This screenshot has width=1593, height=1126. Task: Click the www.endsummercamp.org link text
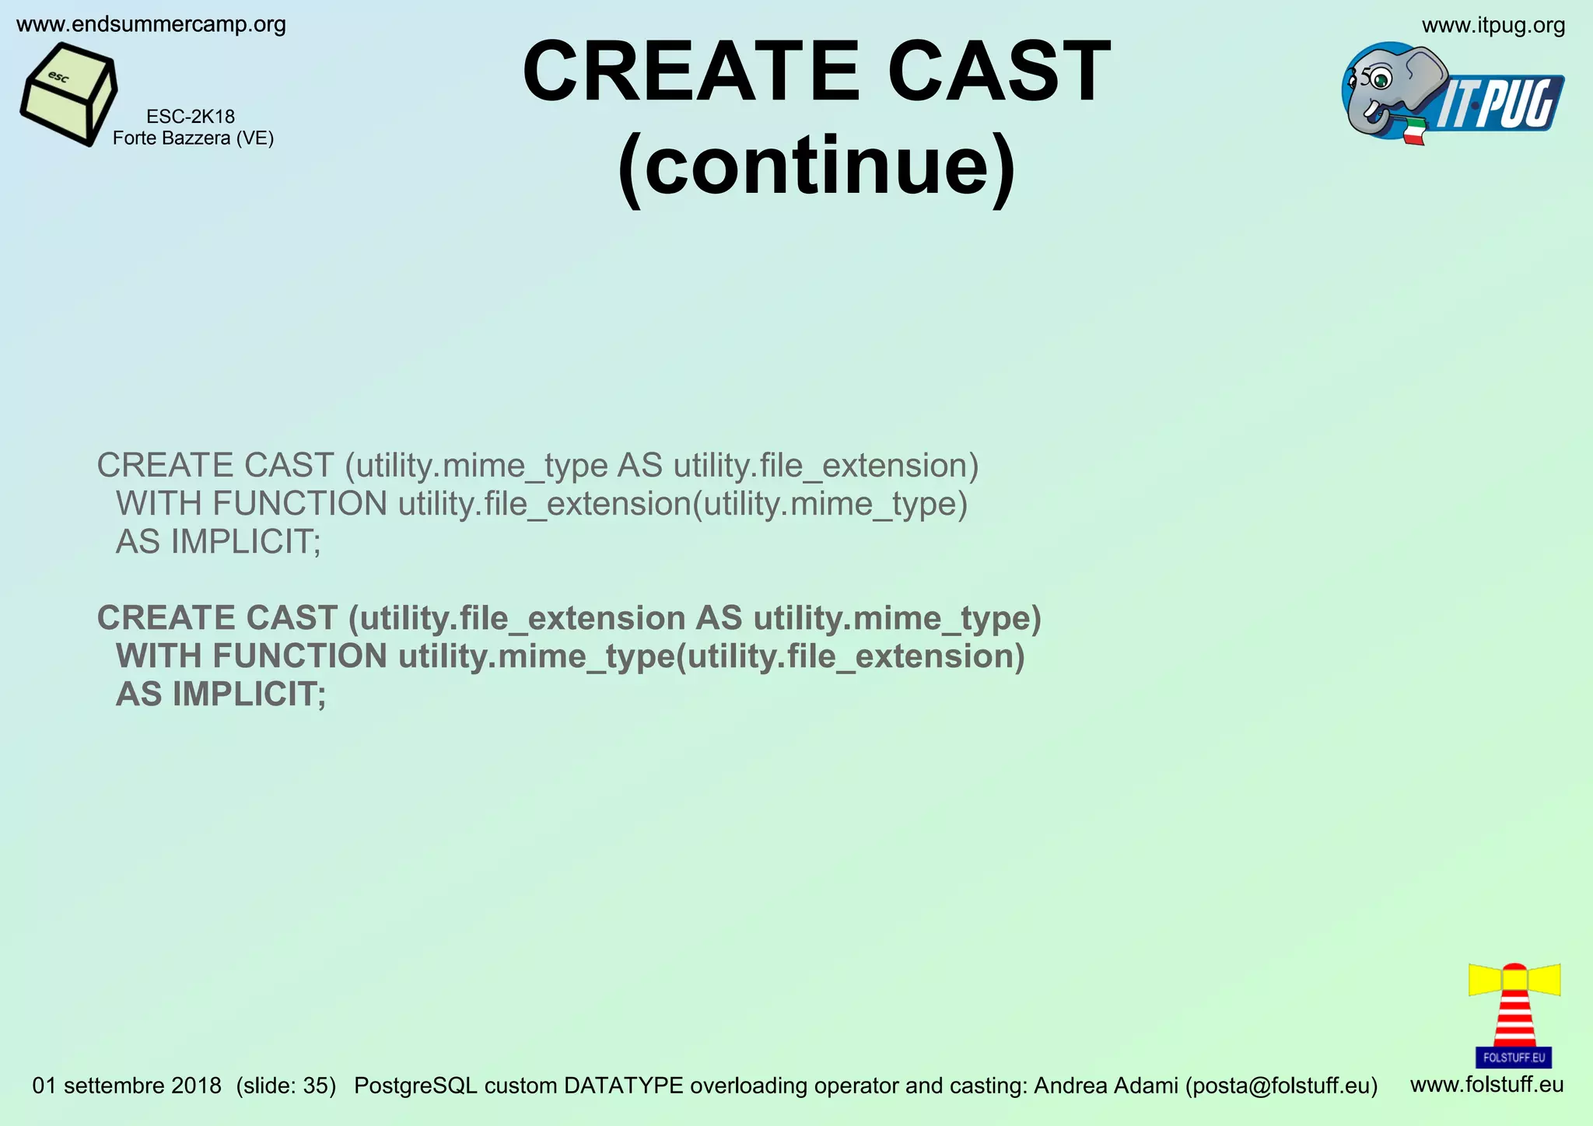[x=151, y=25]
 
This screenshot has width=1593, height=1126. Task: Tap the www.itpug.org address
[x=1493, y=26]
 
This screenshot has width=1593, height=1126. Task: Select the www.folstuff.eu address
[x=1486, y=1084]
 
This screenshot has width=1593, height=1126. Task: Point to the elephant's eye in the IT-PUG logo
[x=1381, y=79]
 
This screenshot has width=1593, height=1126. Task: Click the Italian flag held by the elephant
[x=1414, y=131]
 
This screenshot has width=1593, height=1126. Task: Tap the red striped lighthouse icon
[x=1514, y=1011]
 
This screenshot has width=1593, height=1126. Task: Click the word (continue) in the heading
[x=816, y=166]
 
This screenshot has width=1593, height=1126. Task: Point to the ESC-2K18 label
[x=191, y=117]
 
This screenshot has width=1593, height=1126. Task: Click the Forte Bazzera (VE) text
[x=193, y=138]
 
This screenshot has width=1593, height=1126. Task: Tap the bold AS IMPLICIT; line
[x=221, y=694]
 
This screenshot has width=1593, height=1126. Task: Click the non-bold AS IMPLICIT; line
[x=218, y=542]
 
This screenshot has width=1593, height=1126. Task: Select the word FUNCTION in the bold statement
[x=299, y=656]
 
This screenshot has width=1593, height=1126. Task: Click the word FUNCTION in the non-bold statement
[x=299, y=504]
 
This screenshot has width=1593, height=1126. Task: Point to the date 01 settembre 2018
[x=127, y=1086]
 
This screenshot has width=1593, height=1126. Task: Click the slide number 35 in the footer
[x=318, y=1086]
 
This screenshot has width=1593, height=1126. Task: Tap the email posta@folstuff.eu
[x=1281, y=1086]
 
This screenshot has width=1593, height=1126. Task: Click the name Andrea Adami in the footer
[x=1105, y=1086]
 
